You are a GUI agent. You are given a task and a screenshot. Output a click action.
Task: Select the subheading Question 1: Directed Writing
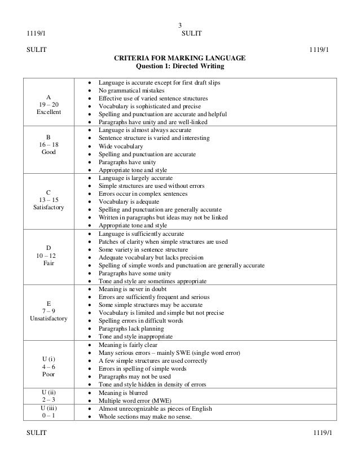pyautogui.click(x=181, y=67)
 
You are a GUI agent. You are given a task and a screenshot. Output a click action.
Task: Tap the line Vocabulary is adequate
pyautogui.click(x=129, y=201)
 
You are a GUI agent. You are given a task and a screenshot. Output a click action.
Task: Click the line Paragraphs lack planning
pyautogui.click(x=131, y=328)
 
